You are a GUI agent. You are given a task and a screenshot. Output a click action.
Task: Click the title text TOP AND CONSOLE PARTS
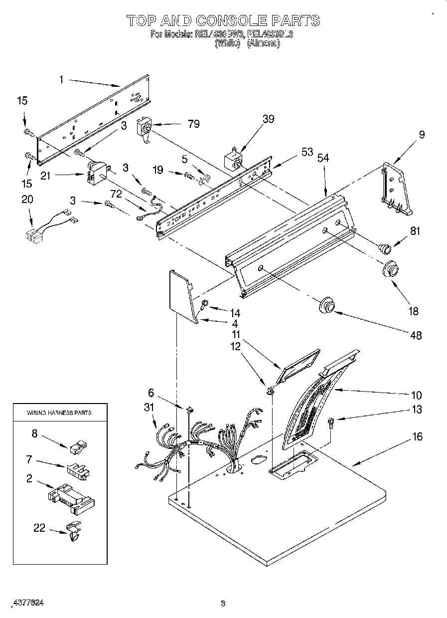tap(223, 20)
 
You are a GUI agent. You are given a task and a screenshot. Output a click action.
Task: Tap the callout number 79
tap(194, 124)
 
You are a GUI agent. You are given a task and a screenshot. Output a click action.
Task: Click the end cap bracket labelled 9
tap(397, 189)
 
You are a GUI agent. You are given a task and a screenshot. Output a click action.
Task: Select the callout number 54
tap(323, 158)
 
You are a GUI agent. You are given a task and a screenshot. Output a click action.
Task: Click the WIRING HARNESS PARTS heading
tap(59, 412)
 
